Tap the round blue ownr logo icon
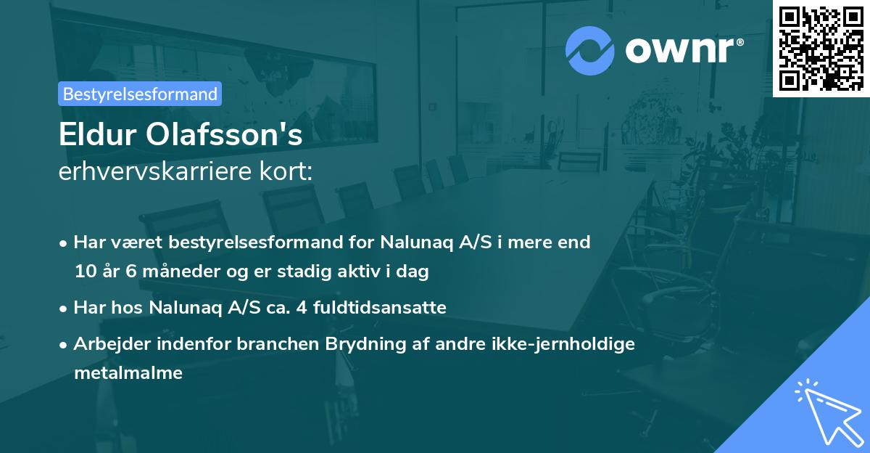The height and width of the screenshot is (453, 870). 590,50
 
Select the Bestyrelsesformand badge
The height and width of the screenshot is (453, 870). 140,94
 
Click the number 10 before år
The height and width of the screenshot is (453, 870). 84,272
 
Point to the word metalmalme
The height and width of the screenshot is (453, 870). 128,374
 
